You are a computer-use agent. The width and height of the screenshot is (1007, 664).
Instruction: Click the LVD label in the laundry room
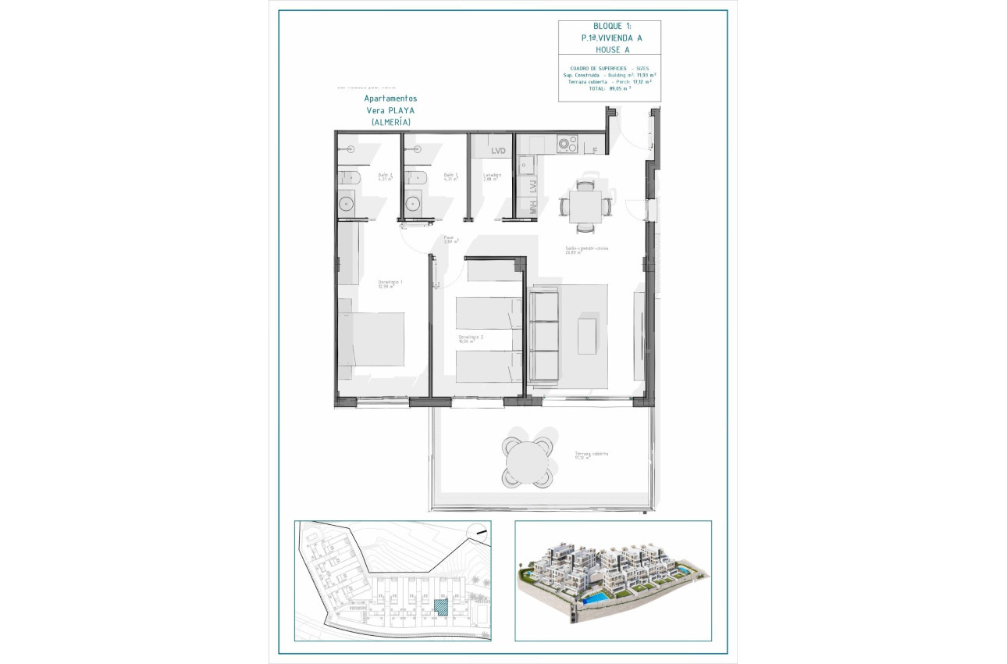(498, 151)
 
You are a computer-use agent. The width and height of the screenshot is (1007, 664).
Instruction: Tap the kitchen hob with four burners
(567, 145)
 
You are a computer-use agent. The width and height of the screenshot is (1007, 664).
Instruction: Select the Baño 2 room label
(385, 177)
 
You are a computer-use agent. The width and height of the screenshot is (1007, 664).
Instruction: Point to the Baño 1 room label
(450, 177)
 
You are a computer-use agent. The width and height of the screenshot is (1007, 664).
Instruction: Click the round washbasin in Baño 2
(347, 204)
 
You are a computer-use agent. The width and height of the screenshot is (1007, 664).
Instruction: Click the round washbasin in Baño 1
(412, 204)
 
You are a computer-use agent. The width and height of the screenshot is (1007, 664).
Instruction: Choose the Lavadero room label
(492, 177)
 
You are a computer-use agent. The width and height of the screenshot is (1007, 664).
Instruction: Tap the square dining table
(585, 206)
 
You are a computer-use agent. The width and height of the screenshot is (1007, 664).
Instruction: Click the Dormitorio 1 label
(386, 284)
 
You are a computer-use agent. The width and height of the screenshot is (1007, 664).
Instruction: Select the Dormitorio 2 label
(471, 338)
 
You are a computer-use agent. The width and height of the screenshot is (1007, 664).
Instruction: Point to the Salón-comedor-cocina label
(587, 249)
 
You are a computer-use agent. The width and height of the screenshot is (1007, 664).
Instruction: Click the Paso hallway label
(450, 239)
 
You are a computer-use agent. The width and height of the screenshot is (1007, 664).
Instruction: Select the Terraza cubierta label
(591, 455)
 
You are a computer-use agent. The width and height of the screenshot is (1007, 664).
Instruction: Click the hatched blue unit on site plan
(441, 607)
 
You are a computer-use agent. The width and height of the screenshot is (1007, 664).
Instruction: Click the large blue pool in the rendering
(598, 597)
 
